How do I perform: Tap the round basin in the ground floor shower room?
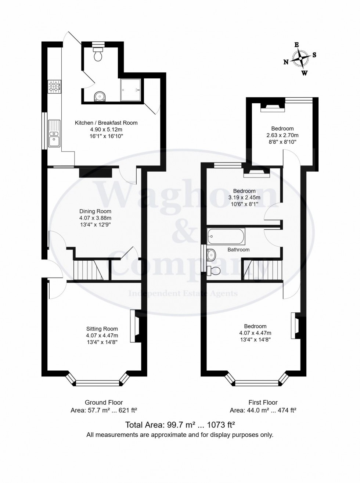click(x=99, y=96)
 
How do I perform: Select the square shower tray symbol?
click(x=130, y=90)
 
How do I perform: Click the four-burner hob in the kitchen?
click(x=54, y=86)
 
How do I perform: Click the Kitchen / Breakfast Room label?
click(x=106, y=123)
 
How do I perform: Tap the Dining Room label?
click(x=95, y=211)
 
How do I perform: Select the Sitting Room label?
click(x=102, y=329)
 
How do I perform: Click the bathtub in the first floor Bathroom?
click(x=226, y=237)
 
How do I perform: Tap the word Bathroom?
click(x=238, y=250)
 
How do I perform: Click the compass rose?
click(x=301, y=58)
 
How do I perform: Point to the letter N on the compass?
click(x=286, y=62)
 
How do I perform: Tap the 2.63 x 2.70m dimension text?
click(x=282, y=135)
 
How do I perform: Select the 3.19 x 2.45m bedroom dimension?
click(x=244, y=197)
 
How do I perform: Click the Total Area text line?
click(x=180, y=425)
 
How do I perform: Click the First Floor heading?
click(x=263, y=402)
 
